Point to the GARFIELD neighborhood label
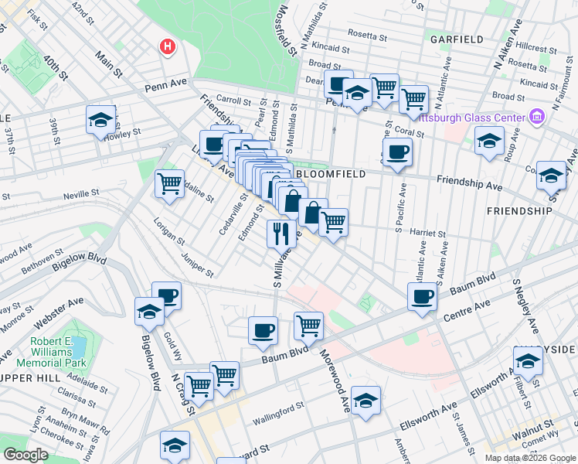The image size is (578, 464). (x=457, y=39)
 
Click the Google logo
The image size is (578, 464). (x=25, y=455)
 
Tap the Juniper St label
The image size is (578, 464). (x=196, y=263)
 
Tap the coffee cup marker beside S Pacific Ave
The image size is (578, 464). (x=397, y=152)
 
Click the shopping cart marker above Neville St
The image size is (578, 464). (x=169, y=184)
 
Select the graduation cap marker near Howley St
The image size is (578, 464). (x=100, y=120)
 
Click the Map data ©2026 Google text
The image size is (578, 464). (x=529, y=458)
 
